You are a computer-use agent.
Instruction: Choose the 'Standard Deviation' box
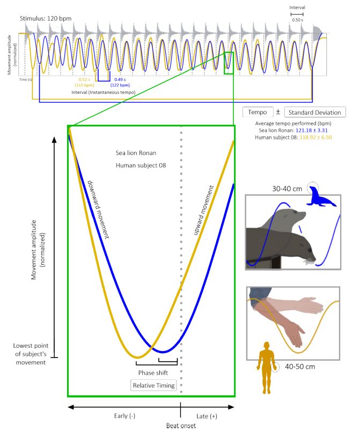coord(314,112)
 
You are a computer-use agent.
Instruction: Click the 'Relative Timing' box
coord(153,385)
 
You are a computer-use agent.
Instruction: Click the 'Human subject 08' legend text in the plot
coord(141,165)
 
